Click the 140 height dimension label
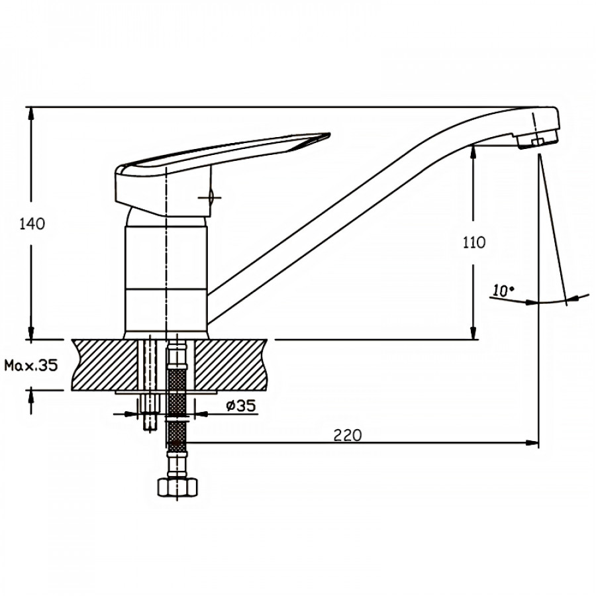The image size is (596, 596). [32, 224]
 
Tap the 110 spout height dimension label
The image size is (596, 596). [474, 242]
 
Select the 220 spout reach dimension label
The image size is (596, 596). [348, 435]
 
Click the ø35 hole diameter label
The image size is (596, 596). [241, 406]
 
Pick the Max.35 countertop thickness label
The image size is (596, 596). [30, 366]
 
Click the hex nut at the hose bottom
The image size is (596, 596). [177, 487]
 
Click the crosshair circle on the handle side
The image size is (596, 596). [211, 197]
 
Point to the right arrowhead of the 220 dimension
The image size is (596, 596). [533, 442]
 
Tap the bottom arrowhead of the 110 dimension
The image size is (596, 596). [473, 333]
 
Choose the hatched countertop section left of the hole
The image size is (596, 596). [105, 365]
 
